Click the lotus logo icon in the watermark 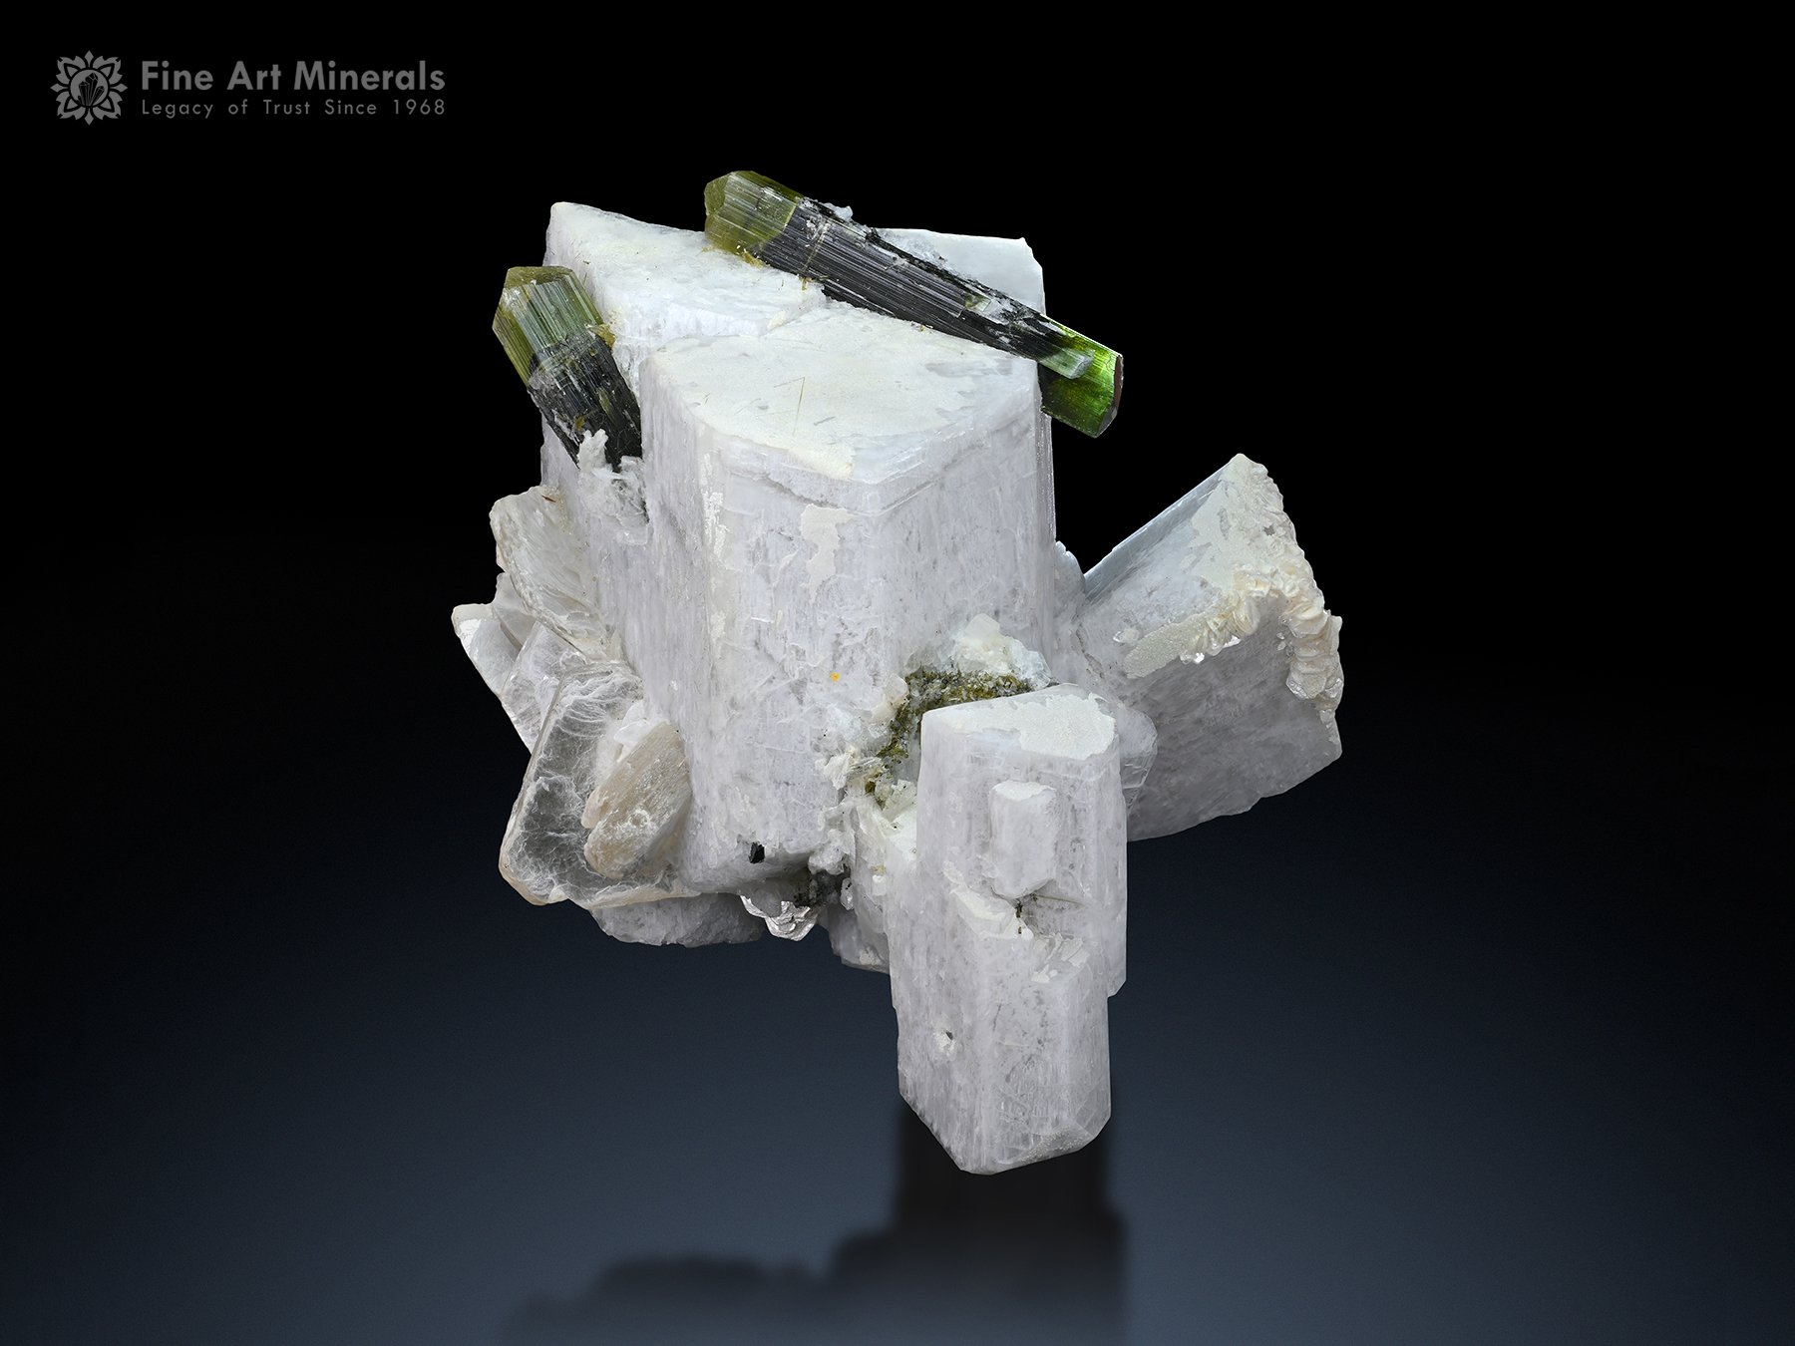click(89, 88)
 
